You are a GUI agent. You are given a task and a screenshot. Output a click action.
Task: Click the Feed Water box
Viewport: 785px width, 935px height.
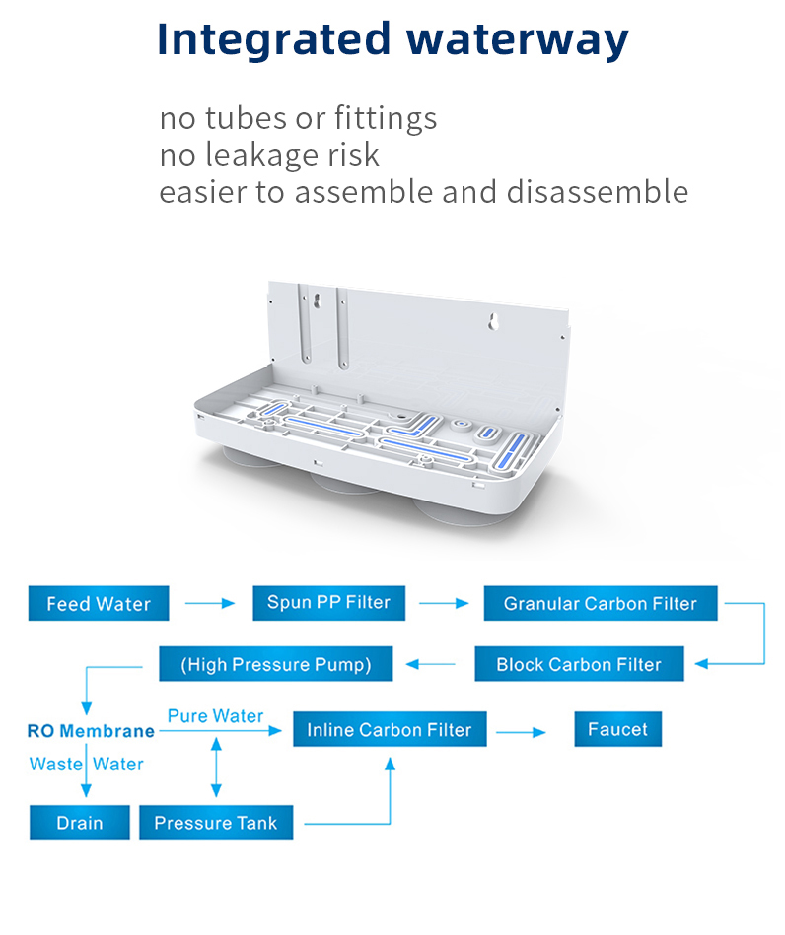99,603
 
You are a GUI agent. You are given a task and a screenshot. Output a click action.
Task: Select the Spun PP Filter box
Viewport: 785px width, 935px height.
328,602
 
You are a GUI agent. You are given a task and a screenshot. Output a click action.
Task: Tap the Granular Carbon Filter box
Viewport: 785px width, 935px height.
600,603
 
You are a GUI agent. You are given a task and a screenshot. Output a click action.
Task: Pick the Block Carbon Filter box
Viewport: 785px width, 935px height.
579,664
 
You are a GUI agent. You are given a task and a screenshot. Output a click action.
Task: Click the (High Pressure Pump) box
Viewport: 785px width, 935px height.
276,664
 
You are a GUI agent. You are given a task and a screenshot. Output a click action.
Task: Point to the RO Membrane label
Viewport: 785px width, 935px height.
91,731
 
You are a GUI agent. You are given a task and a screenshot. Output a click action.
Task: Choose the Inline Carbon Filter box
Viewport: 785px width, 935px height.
389,730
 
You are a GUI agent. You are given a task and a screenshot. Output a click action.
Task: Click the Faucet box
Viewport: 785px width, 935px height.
617,729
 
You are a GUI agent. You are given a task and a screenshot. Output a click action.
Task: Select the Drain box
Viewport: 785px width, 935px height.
79,823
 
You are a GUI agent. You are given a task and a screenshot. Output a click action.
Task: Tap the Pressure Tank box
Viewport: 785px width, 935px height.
216,823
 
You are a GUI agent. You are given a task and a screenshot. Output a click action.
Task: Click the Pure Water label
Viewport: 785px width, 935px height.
215,715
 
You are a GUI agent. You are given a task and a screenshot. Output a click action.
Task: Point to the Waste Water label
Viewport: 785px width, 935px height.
87,764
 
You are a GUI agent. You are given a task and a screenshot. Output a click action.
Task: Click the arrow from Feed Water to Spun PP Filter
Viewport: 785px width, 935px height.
210,603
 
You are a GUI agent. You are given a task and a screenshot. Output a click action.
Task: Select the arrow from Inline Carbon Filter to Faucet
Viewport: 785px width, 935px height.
520,732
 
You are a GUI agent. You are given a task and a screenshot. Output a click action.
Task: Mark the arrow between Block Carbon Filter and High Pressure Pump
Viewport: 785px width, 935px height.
432,664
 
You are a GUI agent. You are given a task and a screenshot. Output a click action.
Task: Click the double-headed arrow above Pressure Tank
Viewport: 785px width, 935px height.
216,768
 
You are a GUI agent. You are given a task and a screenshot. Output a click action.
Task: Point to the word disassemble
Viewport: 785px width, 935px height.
598,191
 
